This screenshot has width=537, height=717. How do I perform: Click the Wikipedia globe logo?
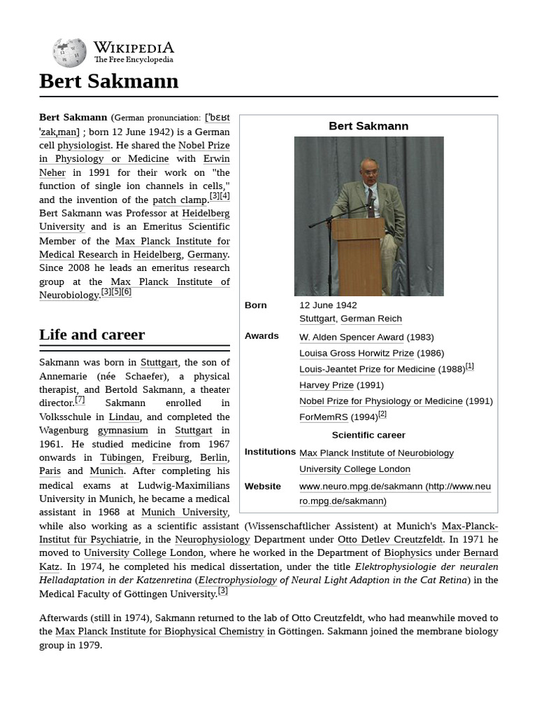(69, 53)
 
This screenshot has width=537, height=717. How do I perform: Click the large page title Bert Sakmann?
(108, 81)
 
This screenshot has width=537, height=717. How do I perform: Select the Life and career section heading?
(92, 335)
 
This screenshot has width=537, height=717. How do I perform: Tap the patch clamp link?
(180, 200)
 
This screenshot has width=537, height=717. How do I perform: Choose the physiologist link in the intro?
(84, 146)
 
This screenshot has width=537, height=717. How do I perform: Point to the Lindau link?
(124, 417)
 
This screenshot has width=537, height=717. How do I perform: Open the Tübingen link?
(120, 458)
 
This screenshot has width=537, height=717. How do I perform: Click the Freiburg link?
(171, 458)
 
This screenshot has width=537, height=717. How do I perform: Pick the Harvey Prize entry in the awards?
(327, 385)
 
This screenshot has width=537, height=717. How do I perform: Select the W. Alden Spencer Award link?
(352, 337)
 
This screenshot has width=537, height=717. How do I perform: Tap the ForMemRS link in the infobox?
(323, 417)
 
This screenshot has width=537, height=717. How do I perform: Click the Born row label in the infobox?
(256, 305)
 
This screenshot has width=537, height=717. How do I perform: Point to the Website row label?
(263, 486)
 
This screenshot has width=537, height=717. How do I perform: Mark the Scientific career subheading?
(368, 435)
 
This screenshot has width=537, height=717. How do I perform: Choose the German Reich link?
(371, 319)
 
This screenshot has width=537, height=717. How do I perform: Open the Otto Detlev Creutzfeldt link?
(389, 540)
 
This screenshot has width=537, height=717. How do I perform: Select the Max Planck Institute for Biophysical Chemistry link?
(159, 632)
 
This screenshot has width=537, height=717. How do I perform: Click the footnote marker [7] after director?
(80, 401)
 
